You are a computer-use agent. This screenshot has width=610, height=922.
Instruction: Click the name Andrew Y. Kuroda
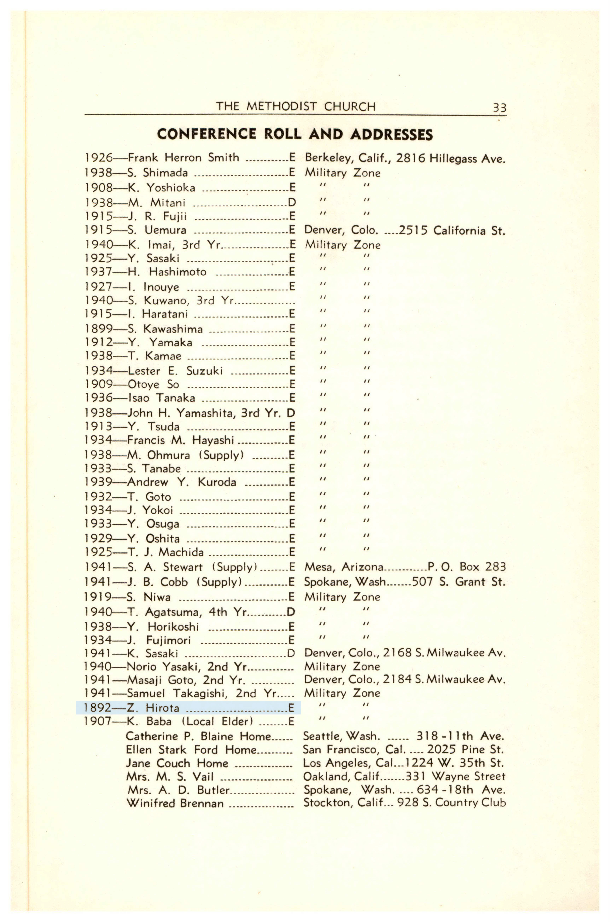point(181,482)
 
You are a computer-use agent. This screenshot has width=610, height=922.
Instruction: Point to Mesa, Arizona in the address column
point(344,567)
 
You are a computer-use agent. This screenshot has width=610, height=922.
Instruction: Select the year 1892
point(98,708)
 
